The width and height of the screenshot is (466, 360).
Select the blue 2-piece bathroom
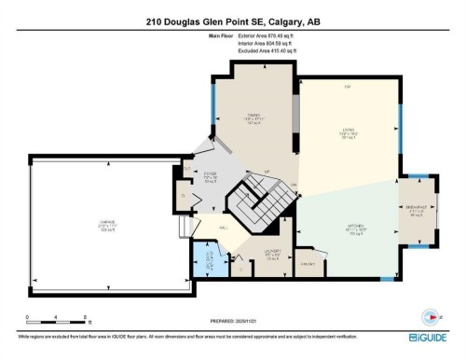209,259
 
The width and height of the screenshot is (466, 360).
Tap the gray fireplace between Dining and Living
296,116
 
